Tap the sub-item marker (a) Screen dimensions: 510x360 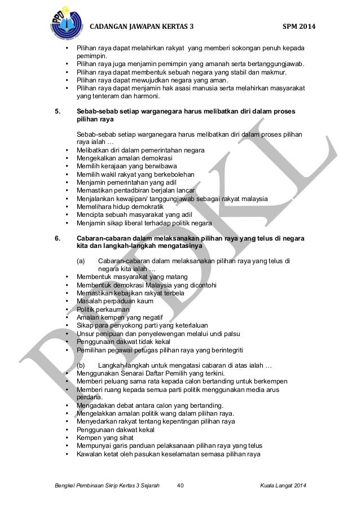(81, 261)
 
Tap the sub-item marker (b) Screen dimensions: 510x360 (81, 365)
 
